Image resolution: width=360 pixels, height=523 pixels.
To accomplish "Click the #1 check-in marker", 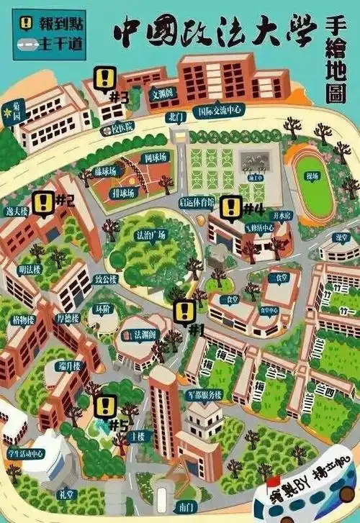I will pyautogui.click(x=185, y=311).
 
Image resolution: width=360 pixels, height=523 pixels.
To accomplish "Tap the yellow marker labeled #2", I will pyautogui.click(x=43, y=204).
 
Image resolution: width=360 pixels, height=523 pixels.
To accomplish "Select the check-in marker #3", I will pyautogui.click(x=106, y=78).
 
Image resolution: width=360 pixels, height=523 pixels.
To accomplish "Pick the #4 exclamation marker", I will pyautogui.click(x=230, y=208).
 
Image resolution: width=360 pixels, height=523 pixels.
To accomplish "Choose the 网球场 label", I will pyautogui.click(x=155, y=157).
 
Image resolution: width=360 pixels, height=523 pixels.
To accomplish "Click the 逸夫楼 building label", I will pyautogui.click(x=17, y=212).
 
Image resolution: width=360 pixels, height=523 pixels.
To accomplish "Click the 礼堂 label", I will pyautogui.click(x=66, y=495).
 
